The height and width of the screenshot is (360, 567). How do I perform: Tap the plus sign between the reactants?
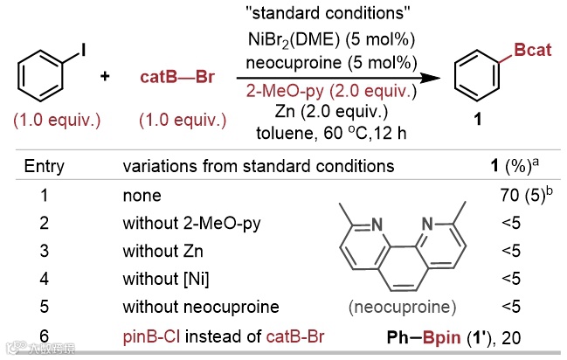click(x=105, y=77)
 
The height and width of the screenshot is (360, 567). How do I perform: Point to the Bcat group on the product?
click(x=532, y=52)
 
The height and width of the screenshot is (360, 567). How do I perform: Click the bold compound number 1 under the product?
click(x=478, y=121)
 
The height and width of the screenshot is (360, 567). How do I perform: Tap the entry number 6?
click(x=44, y=336)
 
